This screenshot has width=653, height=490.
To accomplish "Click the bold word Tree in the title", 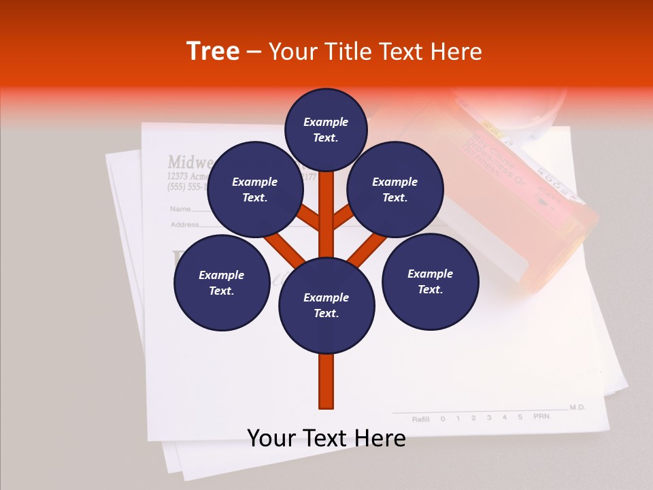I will tap(213, 52).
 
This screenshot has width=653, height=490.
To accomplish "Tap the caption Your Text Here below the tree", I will tap(326, 438).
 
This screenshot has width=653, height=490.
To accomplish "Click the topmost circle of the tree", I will tap(326, 129).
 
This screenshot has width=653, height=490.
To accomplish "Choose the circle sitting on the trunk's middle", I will tap(326, 306).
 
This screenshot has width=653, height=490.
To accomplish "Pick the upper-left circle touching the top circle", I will tap(254, 189).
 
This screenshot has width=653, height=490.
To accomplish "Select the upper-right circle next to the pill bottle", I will tap(395, 189).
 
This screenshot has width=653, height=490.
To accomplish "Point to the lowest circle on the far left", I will tap(222, 282).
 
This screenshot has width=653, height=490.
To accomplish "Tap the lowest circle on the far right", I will tap(430, 281).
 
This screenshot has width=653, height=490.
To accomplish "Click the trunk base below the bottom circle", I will tap(326, 381).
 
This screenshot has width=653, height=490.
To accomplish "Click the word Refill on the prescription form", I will tap(421, 419).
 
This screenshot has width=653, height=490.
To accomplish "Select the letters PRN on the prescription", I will tap(541, 416).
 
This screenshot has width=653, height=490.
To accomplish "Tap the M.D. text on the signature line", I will tap(577, 407).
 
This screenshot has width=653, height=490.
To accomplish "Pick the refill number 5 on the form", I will tap(520, 416).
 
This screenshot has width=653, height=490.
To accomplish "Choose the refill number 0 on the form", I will tap(443, 419).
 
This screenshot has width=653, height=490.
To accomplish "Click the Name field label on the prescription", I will tap(180, 209).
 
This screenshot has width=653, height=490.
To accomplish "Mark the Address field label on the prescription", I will tap(184, 225).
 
